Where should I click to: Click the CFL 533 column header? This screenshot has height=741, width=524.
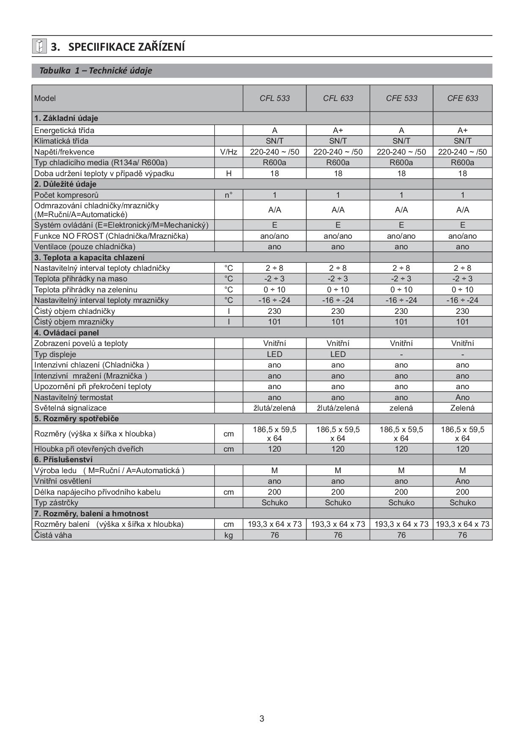pos(275,98)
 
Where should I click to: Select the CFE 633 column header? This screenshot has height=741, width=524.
pos(463,98)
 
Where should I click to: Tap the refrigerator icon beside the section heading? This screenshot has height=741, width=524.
pos(39,46)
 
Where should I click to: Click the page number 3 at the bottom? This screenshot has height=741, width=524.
pos(262,719)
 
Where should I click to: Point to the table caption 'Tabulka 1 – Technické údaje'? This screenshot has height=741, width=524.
pos(96,71)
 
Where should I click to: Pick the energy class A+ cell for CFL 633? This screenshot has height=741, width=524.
pos(338,131)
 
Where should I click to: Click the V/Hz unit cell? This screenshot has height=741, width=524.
pos(229,152)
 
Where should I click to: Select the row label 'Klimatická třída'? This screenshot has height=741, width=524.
pos(62,141)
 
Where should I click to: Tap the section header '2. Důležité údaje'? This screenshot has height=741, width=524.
pos(65,184)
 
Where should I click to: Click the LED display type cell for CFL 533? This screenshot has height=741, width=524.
pos(275,354)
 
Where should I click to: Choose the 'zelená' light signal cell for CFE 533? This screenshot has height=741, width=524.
pos(401,408)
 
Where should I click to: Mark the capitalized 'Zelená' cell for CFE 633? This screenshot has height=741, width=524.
pos(462,408)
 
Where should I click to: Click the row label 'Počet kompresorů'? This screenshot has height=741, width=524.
pos(66,195)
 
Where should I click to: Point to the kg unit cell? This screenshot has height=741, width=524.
pos(229,535)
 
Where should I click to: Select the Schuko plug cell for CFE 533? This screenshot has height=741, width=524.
pos(401,503)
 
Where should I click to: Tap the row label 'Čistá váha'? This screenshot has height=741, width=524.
pos(53,535)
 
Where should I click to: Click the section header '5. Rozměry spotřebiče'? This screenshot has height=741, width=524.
pos(76,419)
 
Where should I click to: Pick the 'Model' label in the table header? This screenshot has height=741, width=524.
pos(45,98)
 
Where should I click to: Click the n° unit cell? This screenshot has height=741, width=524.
pos(229,195)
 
